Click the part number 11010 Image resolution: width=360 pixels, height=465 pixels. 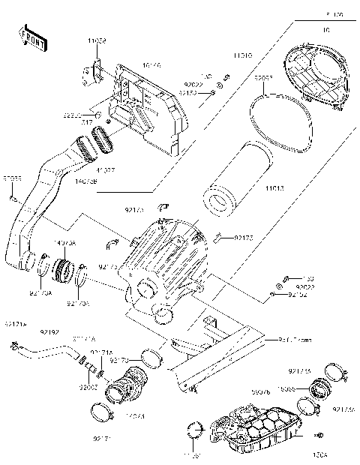[241, 56]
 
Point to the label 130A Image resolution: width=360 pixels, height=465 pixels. [320, 454]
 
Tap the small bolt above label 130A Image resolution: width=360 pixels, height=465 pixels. [320, 436]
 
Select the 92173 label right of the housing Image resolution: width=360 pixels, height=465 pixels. [244, 238]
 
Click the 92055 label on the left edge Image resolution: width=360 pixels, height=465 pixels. [12, 180]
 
